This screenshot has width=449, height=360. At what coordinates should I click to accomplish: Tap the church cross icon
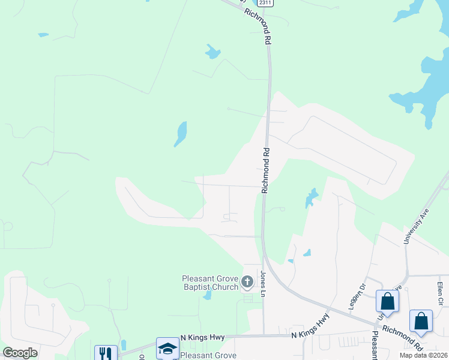click(x=247, y=281)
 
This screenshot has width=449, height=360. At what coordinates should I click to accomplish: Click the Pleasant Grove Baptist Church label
click(x=210, y=283)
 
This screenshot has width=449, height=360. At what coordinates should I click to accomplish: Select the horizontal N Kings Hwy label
click(x=202, y=338)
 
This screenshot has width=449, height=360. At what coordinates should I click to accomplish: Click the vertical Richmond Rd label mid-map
click(x=265, y=170)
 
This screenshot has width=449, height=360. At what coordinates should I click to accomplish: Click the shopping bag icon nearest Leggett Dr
click(x=387, y=301)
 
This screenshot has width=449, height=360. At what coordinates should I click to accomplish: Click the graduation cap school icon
click(x=167, y=347)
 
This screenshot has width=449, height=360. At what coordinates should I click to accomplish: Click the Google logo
click(x=20, y=353)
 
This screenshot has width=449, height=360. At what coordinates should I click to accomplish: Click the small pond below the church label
click(x=207, y=295)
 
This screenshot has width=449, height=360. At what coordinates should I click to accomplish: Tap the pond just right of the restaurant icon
click(x=123, y=345)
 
